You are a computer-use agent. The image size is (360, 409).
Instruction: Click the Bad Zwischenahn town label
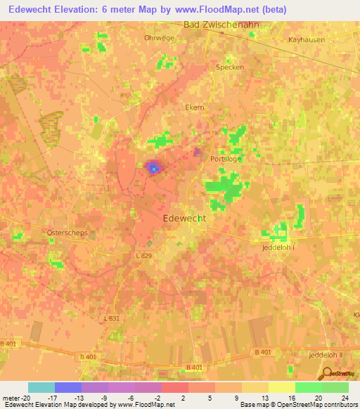(220, 25)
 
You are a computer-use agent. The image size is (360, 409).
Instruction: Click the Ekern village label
(194, 108)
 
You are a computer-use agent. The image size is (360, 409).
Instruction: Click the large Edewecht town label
(184, 219)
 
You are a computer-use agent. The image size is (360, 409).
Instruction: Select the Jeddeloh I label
(281, 248)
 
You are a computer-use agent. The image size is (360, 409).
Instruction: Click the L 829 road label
(143, 255)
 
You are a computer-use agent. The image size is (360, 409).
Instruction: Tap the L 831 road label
(112, 318)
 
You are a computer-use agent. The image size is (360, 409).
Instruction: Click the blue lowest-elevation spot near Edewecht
(153, 169)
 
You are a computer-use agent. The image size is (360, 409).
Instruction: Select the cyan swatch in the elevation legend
(41, 387)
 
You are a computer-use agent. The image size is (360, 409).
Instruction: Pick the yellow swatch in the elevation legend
(281, 387)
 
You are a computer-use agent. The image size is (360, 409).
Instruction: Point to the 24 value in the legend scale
(344, 398)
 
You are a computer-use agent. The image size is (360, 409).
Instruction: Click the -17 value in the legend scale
(53, 398)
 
